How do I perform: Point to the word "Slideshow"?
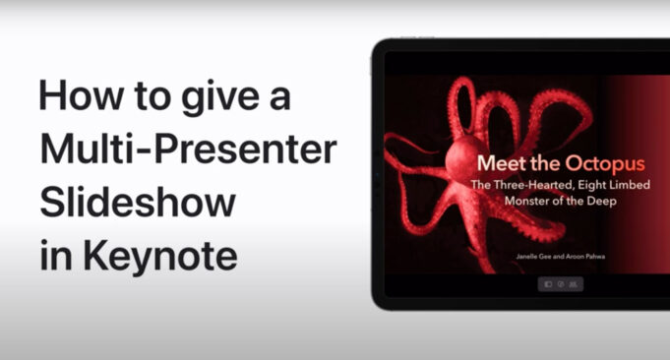(138, 203)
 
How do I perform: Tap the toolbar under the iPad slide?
(560, 284)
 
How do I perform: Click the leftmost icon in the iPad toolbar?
(548, 284)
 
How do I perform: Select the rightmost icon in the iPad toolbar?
(573, 284)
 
